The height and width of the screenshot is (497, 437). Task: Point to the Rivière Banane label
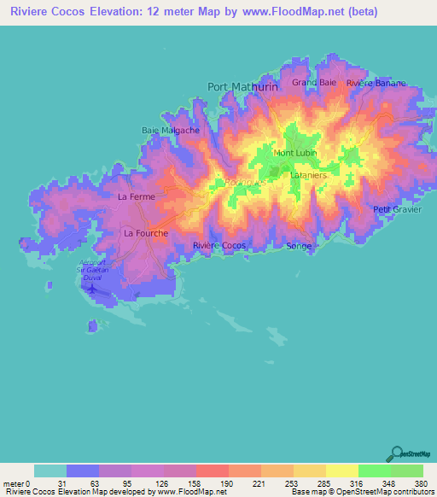[376, 84]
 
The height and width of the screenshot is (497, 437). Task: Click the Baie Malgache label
[171, 131]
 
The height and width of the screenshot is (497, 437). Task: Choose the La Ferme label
[134, 196]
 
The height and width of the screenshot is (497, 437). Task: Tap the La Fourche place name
[146, 232]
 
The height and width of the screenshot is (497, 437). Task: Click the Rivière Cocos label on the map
[219, 246]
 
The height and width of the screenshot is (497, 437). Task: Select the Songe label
[300, 246]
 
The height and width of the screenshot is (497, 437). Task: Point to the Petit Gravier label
[398, 209]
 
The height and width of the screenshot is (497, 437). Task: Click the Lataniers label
[306, 175]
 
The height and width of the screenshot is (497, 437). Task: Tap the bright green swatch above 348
[375, 471]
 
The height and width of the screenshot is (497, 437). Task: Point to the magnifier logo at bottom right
[396, 454]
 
